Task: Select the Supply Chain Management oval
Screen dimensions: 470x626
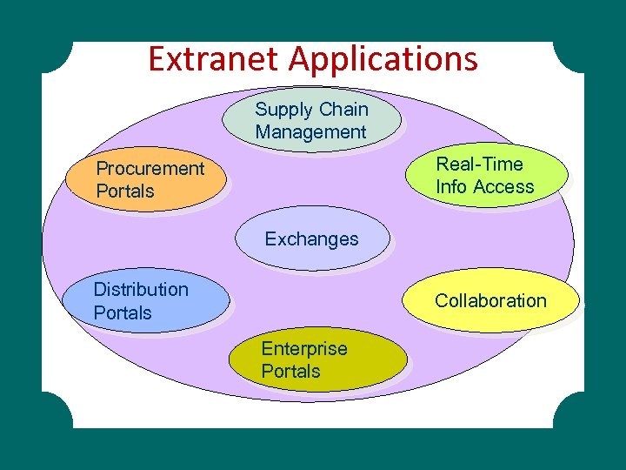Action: pyautogui.click(x=311, y=121)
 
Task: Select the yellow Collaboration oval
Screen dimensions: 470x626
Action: pyautogui.click(x=491, y=301)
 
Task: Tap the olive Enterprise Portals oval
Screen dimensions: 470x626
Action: pyautogui.click(x=317, y=360)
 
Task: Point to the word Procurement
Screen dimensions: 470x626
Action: pyautogui.click(x=150, y=169)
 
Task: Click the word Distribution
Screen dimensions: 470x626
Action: pyautogui.click(x=141, y=289)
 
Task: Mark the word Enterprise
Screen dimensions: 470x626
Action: pyautogui.click(x=304, y=349)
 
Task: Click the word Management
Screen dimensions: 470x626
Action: pyautogui.click(x=311, y=133)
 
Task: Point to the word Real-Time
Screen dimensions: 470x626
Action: pyautogui.click(x=479, y=164)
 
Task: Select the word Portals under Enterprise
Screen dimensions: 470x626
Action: pyautogui.click(x=290, y=372)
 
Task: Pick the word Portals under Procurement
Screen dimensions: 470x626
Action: pyautogui.click(x=125, y=191)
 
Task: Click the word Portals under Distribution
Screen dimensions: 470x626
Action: pyautogui.click(x=123, y=312)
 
